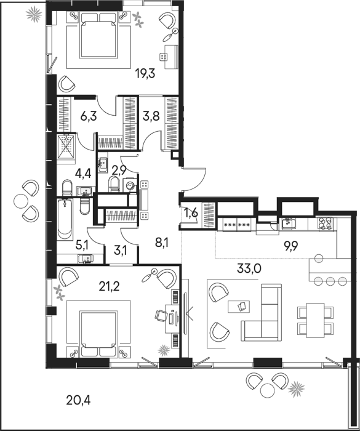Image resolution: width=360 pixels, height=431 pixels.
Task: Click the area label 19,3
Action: click(145, 74)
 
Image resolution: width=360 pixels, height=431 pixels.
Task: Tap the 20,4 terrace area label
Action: click(78, 400)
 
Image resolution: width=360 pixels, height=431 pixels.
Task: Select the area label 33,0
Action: click(249, 268)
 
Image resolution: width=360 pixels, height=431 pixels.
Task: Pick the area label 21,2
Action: click(109, 287)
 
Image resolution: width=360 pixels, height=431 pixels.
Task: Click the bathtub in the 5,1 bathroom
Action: click(65, 219)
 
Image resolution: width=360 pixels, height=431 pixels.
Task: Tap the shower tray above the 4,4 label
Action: click(66, 147)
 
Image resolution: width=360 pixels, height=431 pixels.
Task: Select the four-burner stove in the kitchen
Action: click(326, 223)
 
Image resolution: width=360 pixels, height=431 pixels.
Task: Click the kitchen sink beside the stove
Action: click(289, 223)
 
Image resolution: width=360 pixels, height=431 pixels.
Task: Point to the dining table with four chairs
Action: click(315, 320)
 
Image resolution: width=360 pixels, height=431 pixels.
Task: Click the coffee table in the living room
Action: click(239, 307)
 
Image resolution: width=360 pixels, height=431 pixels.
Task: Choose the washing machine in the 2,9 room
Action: click(130, 186)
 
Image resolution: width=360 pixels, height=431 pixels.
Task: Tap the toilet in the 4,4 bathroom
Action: click(67, 187)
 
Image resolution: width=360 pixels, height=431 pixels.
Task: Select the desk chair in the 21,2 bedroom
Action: click(161, 315)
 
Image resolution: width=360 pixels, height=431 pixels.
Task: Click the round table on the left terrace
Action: click(20, 201)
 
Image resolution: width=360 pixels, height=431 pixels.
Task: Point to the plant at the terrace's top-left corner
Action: click(34, 14)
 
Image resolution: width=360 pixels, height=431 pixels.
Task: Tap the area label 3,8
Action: click(151, 116)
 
